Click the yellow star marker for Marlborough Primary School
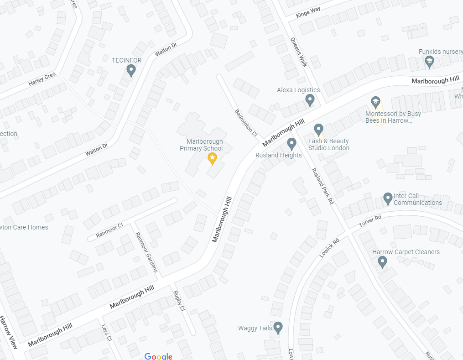pos(212,158)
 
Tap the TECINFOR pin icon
pos(131,70)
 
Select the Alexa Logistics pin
pos(310,100)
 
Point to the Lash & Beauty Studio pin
pos(318,130)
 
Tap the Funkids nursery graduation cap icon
pos(429,62)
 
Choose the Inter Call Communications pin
pos(388,198)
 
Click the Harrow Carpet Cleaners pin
pos(382,262)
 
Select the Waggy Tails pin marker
pos(278,328)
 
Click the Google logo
pos(158,356)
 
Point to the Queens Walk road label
pos(299,52)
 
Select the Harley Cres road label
pos(42,79)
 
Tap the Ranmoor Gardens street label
pos(146,252)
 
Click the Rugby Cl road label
pos(179,301)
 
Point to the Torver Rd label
pos(370,221)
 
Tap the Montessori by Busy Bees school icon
pos(375,101)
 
